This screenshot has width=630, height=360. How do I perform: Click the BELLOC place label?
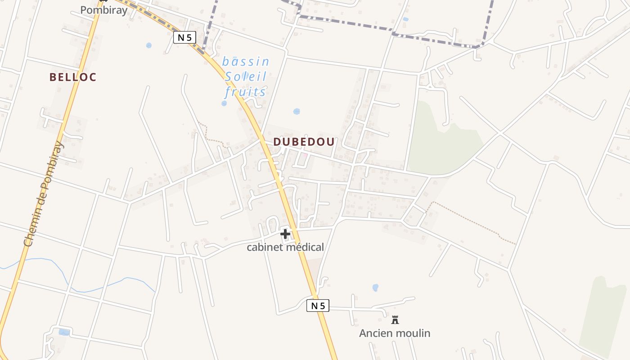(x=73, y=77)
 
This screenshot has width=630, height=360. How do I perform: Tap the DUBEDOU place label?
(x=304, y=142)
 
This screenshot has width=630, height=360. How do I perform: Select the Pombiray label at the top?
(x=103, y=10)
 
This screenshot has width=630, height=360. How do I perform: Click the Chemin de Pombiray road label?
(x=43, y=193)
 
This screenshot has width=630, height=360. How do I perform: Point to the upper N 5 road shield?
(x=184, y=37)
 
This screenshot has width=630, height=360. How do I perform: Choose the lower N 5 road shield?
(x=318, y=306)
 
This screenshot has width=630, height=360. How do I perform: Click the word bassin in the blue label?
(x=246, y=61)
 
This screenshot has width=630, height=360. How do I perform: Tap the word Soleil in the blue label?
(x=246, y=76)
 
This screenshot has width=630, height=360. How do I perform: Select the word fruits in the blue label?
(x=246, y=92)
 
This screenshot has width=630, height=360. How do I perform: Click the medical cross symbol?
(x=285, y=234)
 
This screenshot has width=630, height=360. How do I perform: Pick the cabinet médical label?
(x=285, y=247)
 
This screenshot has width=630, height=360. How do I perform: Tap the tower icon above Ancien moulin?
(x=395, y=320)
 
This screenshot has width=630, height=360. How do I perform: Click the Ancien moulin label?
(x=395, y=333)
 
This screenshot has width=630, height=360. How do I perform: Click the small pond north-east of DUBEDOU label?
(x=297, y=111)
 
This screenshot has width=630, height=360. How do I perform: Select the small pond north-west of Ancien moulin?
(x=375, y=287)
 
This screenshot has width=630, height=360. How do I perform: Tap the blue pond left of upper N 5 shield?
(x=149, y=45)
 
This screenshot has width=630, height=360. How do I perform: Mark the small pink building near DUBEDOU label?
(x=305, y=156)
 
